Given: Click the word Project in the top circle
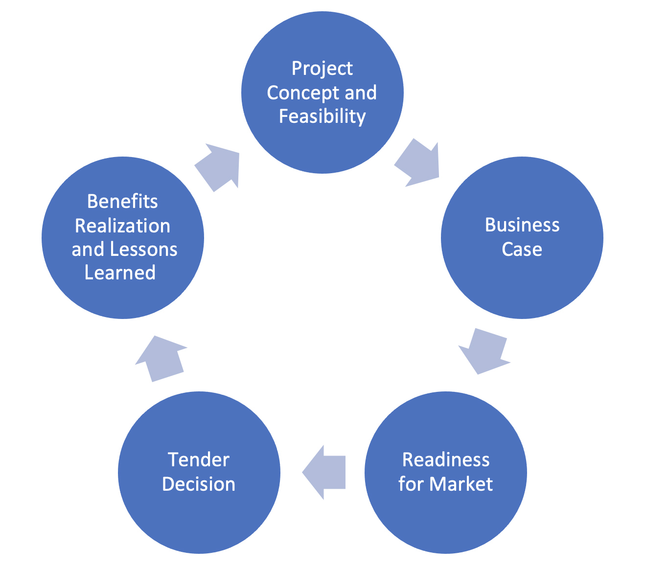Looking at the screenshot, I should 322,69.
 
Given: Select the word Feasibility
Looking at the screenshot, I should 322,116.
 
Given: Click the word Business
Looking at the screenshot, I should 522,225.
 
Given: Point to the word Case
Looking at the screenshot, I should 522,250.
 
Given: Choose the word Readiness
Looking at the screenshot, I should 445,460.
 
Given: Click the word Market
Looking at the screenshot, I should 461,484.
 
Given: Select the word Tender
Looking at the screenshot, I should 198,460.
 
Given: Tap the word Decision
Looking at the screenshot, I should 198,484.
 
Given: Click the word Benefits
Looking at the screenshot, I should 122,202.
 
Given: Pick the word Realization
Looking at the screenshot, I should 122,226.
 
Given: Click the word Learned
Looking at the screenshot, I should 120,273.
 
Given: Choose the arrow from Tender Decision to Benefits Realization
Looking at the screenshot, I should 161,359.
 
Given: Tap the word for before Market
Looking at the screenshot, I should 411,484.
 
